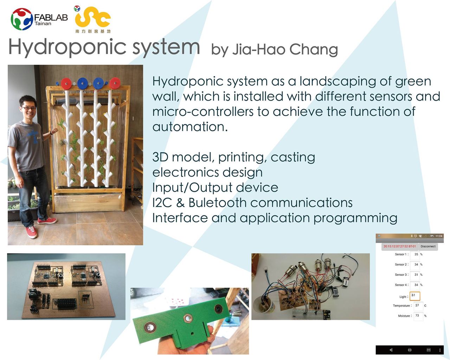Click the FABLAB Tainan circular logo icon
(22, 19)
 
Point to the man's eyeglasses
(28, 108)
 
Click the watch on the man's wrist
(51, 132)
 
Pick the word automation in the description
(190, 127)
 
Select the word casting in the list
(293, 157)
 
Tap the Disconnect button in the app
(428, 246)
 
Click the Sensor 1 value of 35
(416, 254)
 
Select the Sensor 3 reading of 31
(416, 274)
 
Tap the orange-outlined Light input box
(415, 296)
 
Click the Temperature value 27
(417, 305)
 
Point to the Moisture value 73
(417, 315)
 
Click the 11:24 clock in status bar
(439, 236)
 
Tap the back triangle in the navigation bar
(391, 350)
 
